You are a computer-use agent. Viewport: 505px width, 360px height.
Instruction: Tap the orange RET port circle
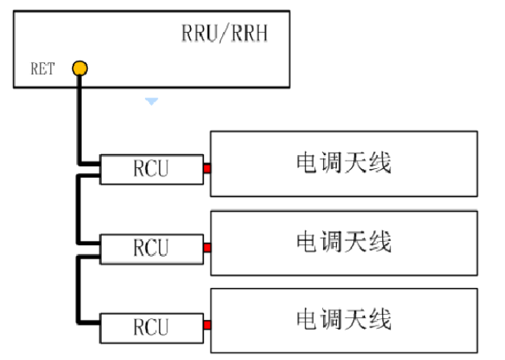(x=80, y=68)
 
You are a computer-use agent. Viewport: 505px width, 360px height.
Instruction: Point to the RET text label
(x=43, y=69)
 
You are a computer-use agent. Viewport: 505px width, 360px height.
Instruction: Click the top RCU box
(x=150, y=168)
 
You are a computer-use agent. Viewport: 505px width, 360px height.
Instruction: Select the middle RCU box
(x=150, y=247)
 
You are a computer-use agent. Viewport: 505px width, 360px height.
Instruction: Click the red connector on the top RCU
(x=207, y=169)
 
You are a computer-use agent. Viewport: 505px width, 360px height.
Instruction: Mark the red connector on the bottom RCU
(x=207, y=326)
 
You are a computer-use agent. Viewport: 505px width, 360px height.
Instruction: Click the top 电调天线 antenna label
(x=343, y=162)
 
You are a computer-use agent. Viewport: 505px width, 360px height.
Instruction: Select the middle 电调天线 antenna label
(x=343, y=241)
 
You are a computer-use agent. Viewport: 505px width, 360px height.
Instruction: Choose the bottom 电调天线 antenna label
(x=343, y=318)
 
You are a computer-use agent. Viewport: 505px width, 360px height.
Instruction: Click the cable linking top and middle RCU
(x=79, y=207)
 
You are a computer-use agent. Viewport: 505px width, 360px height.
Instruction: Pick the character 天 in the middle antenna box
(x=356, y=241)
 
